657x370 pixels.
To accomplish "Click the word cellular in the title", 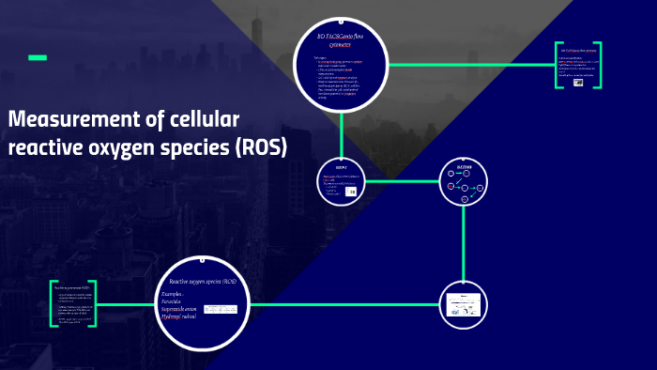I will tap(205, 120).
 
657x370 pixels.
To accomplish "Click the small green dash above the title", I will tap(38, 58).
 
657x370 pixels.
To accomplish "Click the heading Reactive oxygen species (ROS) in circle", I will tap(203, 282).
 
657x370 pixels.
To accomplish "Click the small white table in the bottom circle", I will tap(221, 309).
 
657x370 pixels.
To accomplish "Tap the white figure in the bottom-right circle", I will tap(463, 304).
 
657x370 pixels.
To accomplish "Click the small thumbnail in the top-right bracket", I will tap(578, 82).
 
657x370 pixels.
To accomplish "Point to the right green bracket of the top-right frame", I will tap(598, 65).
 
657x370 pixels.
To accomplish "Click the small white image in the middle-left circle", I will tap(350, 191).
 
